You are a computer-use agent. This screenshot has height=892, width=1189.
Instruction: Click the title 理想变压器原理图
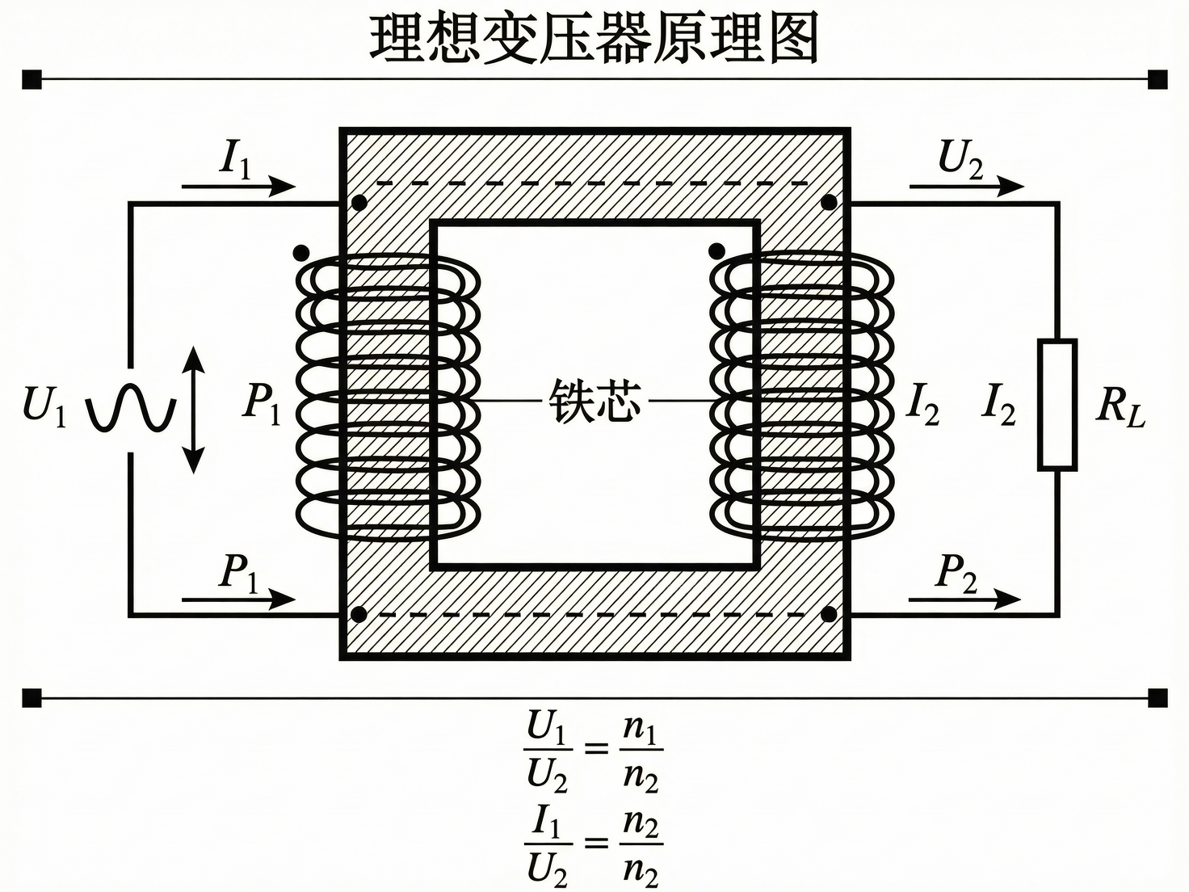(x=594, y=37)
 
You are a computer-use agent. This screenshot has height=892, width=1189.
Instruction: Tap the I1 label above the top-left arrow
(x=236, y=159)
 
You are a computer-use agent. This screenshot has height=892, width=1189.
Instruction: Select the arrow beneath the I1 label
(x=238, y=187)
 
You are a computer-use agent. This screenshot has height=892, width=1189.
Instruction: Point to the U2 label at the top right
(x=960, y=159)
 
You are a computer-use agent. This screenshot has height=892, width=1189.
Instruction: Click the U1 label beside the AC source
(x=44, y=406)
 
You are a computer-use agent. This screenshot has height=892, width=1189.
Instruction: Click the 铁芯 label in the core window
(x=594, y=401)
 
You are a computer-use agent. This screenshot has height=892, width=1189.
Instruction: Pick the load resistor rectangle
(x=1057, y=405)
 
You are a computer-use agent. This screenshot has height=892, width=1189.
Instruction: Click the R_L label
(x=1120, y=406)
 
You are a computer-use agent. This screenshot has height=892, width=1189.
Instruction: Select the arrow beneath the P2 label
(x=964, y=600)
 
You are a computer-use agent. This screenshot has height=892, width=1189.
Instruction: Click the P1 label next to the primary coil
(x=262, y=402)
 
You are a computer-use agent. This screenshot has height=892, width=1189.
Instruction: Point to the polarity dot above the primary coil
(x=301, y=252)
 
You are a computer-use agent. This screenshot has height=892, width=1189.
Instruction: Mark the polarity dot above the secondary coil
(x=715, y=250)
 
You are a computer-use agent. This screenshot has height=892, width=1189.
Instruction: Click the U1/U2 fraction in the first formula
(x=548, y=751)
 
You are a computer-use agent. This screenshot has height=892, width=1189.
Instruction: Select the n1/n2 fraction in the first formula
(x=641, y=751)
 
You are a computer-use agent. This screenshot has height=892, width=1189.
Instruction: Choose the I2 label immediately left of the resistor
(x=998, y=404)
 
